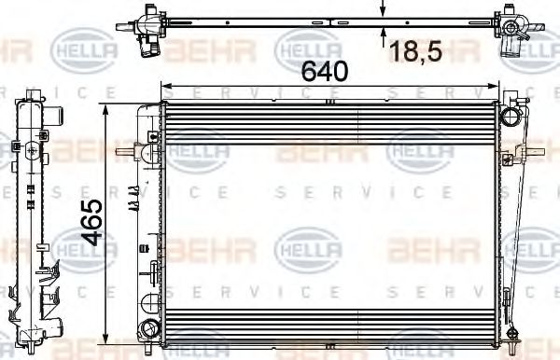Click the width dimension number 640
coord(324,70)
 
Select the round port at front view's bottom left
coord(147,328)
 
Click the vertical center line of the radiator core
coord(358,224)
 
